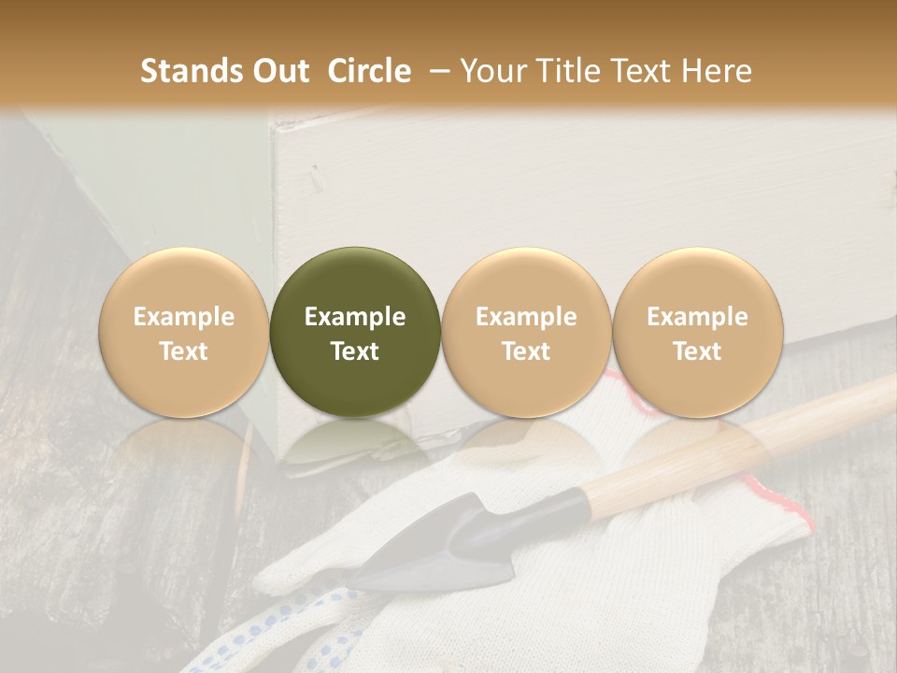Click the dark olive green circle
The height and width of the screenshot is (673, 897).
click(x=355, y=332)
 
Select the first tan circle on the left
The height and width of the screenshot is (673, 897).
click(x=183, y=332)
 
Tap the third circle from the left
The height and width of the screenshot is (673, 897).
click(x=526, y=332)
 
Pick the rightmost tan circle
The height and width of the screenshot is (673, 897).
click(x=697, y=332)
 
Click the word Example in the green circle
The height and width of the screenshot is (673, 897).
click(x=355, y=317)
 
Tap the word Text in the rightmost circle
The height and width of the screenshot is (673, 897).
click(x=697, y=351)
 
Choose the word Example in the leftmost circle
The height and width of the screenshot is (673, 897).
click(x=183, y=317)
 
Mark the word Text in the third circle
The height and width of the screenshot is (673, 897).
click(x=526, y=351)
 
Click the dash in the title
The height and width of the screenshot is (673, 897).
click(x=436, y=71)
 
